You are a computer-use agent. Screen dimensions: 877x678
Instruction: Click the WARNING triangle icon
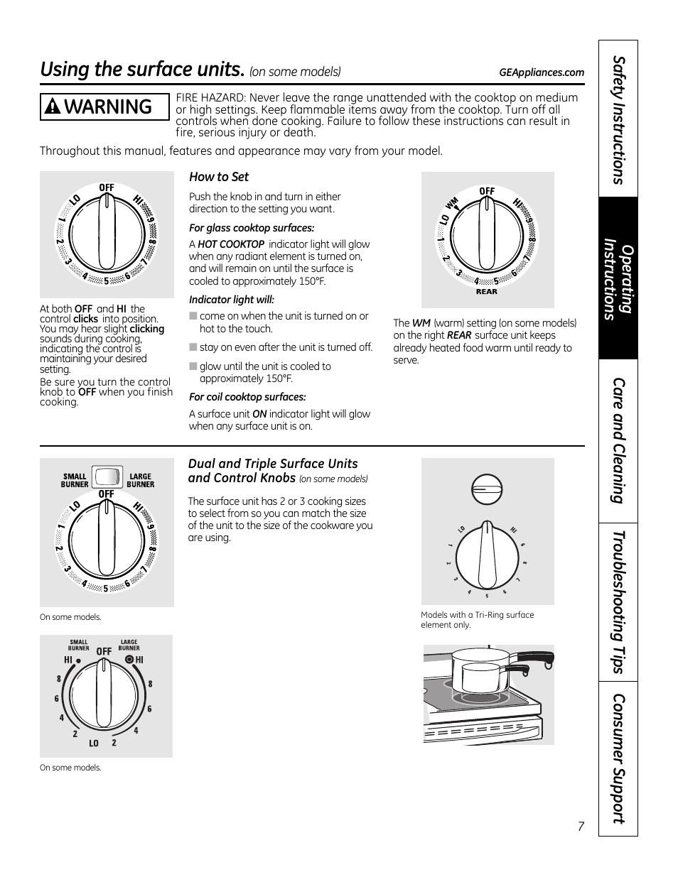[x=51, y=107]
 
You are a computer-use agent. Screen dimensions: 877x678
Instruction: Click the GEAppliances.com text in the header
[x=542, y=72]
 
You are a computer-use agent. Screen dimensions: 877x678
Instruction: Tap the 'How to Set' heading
[x=219, y=177]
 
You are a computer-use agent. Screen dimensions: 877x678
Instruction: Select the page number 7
[x=581, y=826]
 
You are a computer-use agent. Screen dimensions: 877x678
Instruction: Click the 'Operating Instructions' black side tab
[x=618, y=278]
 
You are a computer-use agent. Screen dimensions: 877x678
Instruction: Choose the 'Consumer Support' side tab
[x=618, y=758]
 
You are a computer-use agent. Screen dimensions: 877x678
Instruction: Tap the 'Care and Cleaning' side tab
[x=618, y=440]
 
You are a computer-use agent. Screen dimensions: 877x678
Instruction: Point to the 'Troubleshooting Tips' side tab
[x=618, y=601]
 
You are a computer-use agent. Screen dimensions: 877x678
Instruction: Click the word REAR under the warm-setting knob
[x=487, y=292]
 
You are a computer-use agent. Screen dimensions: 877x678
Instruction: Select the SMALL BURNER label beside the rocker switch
[x=75, y=481]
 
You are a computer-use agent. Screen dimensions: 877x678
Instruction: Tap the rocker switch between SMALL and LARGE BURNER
[x=107, y=476]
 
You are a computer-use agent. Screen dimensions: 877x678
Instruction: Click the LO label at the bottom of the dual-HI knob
[x=94, y=743]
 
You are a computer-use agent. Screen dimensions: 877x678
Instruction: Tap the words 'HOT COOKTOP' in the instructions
[x=231, y=244]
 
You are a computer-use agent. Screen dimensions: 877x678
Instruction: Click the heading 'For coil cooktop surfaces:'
[x=247, y=397]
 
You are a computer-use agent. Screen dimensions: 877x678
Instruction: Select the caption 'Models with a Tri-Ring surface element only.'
[x=477, y=620]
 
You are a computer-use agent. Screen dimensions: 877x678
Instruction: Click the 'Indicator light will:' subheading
[x=232, y=300]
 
